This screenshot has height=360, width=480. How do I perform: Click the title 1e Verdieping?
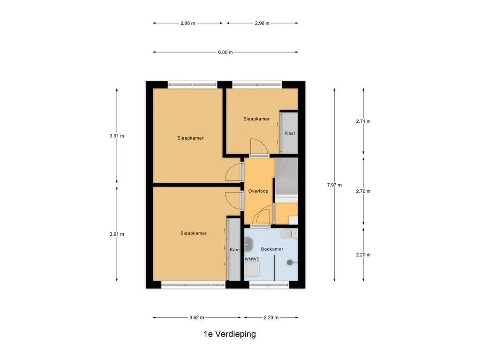[x=230, y=334]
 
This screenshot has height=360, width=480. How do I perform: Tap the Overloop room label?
[x=258, y=191]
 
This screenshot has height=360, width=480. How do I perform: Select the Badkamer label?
[x=272, y=249]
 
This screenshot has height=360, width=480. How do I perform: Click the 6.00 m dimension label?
[x=225, y=52]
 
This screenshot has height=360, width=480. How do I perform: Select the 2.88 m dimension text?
[x=188, y=23]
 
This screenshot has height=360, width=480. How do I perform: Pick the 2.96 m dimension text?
[x=262, y=23]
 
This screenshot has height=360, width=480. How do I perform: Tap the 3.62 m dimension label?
[x=197, y=318]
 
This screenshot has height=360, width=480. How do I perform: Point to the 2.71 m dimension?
[x=363, y=121]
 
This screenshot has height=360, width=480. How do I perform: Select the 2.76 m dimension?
[x=363, y=191]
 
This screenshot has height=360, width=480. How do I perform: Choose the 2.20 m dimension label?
[x=363, y=255]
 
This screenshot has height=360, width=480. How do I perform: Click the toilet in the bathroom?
[x=286, y=233]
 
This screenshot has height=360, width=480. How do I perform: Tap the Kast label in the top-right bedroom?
[x=290, y=133]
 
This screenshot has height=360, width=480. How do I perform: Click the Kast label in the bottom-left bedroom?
[x=234, y=250]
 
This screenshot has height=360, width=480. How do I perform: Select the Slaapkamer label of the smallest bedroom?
[x=256, y=119]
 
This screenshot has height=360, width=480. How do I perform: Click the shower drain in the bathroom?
[x=290, y=262]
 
